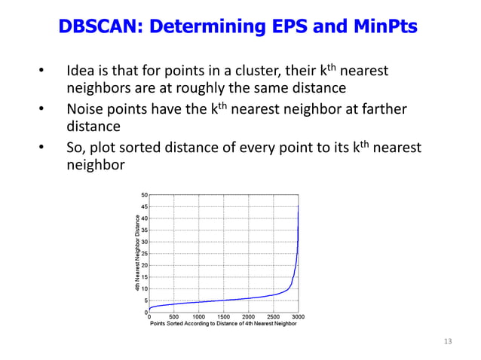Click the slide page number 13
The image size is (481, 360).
click(448, 342)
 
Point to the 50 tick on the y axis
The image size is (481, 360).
click(143, 194)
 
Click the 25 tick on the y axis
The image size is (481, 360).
click(143, 253)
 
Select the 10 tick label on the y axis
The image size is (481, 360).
click(143, 288)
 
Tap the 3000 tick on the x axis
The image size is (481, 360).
click(299, 317)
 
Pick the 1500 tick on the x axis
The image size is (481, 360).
click(224, 317)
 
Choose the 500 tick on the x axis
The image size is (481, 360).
click(174, 317)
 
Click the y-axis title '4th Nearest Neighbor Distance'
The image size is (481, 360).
click(137, 253)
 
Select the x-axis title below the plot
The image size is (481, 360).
click(223, 324)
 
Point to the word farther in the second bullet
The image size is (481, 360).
click(383, 111)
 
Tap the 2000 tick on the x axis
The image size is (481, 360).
click(249, 317)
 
